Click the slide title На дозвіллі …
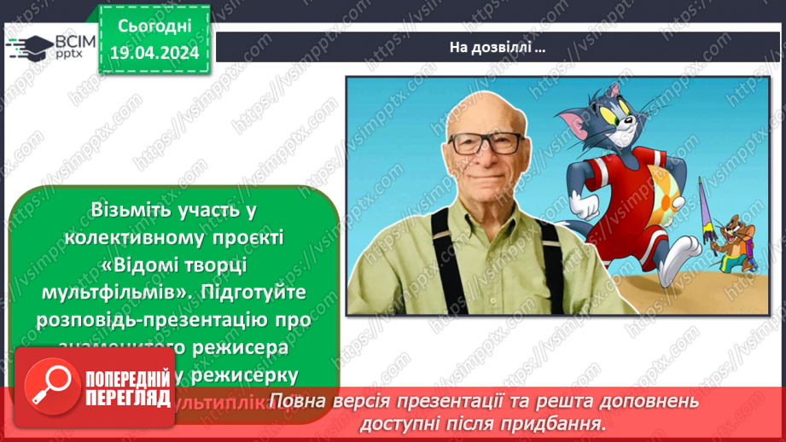coord(498,48)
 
